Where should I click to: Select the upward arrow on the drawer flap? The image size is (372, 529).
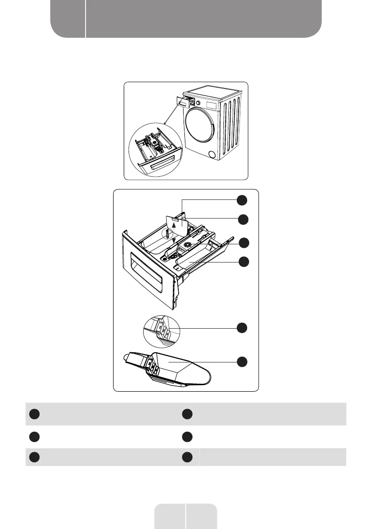[174, 225]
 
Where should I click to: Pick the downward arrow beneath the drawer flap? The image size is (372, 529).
[174, 241]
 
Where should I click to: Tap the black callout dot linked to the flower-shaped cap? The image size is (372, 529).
[242, 243]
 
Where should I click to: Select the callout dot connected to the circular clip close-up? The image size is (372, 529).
[242, 328]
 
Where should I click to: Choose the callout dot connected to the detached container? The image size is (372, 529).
[242, 362]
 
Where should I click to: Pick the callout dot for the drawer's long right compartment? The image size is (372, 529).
[242, 262]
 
